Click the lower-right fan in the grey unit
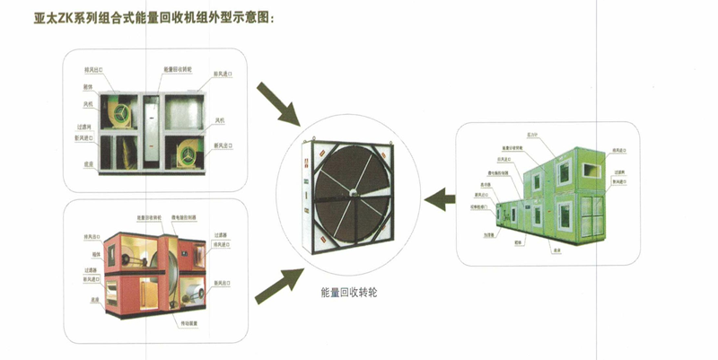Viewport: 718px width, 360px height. coord(189,154)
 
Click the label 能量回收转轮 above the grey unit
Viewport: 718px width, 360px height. coord(179,69)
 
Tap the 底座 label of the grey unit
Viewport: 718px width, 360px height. coord(88,164)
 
